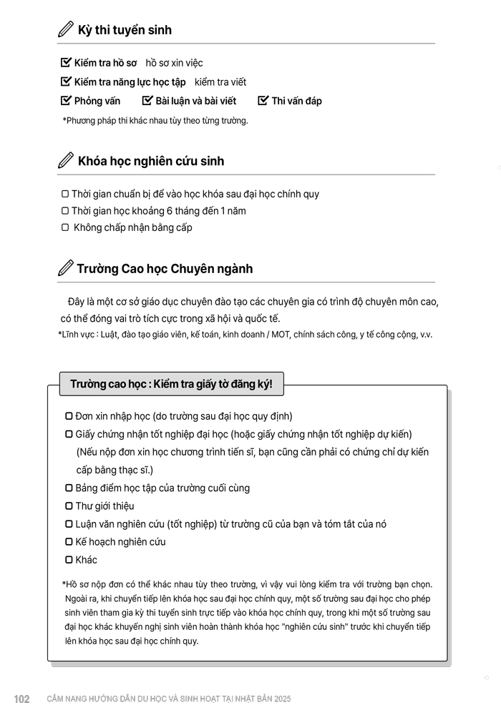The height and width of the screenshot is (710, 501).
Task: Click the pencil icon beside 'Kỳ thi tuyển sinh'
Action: tap(65, 30)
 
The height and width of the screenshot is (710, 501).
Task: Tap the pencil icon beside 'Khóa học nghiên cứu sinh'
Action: tap(65, 161)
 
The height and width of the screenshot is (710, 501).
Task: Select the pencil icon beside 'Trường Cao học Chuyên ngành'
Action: tap(65, 269)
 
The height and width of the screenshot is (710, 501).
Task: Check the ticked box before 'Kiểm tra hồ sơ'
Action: tap(67, 63)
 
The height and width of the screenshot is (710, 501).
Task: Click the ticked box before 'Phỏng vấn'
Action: tap(67, 101)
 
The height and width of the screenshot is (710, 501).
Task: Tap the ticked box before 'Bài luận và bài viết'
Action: tap(147, 101)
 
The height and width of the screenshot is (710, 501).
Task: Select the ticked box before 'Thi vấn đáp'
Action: tap(263, 101)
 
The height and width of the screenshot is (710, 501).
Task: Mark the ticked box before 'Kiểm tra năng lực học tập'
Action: tap(67, 82)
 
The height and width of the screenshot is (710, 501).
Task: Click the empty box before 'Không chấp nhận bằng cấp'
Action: tap(65, 228)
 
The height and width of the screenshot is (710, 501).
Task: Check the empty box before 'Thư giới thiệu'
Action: tap(69, 506)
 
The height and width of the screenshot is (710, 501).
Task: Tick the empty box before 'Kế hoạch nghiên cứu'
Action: tap(69, 542)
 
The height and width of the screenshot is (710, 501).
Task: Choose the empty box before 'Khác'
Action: tap(69, 560)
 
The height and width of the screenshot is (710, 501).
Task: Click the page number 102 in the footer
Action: tap(21, 699)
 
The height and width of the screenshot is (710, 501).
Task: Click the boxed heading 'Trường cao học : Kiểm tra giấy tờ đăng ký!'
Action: tap(171, 385)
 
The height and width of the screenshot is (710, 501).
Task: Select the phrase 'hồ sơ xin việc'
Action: tap(174, 63)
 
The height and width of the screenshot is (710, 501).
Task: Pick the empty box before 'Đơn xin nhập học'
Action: tap(69, 416)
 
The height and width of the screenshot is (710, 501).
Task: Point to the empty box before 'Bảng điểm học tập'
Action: tap(69, 488)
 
